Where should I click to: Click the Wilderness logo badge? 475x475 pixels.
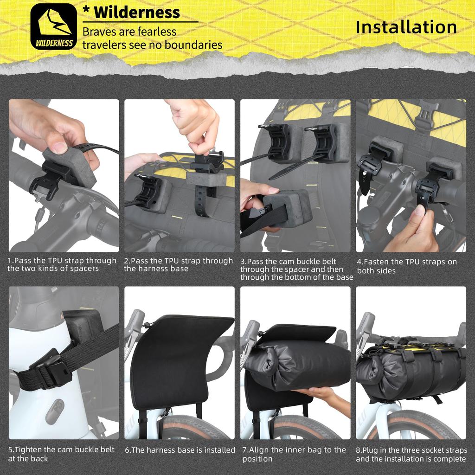tap(53, 26)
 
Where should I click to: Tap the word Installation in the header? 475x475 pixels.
tap(406, 27)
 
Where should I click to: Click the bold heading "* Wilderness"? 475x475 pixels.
tap(131, 13)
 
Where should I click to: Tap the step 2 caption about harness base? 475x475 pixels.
tap(178, 265)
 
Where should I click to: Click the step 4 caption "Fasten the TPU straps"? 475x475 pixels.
tap(406, 266)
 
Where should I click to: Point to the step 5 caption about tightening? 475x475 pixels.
tap(61, 454)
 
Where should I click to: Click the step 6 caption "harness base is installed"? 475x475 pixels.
tap(180, 450)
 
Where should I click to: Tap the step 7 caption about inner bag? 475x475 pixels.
tap(294, 454)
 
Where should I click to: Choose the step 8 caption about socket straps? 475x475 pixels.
tap(411, 455)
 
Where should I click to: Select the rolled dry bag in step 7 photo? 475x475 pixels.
tap(297, 362)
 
